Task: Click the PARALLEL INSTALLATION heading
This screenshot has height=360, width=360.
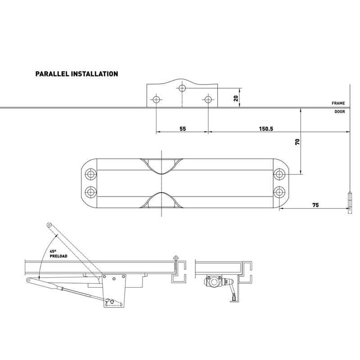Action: [x=76, y=73]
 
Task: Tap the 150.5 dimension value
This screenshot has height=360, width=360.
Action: [x=266, y=128]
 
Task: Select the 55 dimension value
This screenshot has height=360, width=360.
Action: [x=182, y=128]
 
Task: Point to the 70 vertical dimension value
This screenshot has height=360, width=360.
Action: [x=297, y=142]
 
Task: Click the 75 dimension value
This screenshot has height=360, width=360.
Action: [x=315, y=204]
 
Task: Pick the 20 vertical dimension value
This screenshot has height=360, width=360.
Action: [x=235, y=98]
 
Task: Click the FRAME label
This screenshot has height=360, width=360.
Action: [x=338, y=103]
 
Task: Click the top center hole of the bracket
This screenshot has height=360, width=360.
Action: [x=182, y=88]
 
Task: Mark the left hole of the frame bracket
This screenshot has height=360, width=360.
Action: [x=156, y=99]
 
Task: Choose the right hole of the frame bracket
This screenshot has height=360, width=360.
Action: [x=207, y=99]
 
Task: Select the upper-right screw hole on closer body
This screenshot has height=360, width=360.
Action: [x=279, y=174]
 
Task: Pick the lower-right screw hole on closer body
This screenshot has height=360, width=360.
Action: [x=279, y=192]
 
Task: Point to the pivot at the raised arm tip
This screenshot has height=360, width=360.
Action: [x=49, y=225]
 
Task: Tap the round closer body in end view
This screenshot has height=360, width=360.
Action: [x=212, y=283]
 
